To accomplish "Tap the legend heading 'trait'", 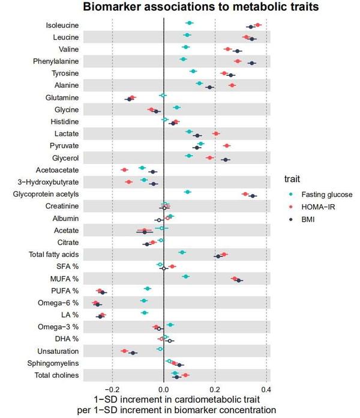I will pos(292,178).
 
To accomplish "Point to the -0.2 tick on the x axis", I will pos(112,387).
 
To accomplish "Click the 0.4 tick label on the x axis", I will pos(266,387).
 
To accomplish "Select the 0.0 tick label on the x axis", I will pos(163,387).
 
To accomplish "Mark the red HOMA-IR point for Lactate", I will pos(216,133).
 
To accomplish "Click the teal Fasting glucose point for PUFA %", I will pos(148,289).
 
